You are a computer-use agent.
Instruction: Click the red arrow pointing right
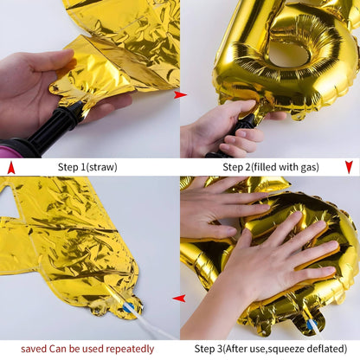[179, 94]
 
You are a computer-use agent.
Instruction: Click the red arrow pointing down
[349, 166]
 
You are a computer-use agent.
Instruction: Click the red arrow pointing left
[179, 299]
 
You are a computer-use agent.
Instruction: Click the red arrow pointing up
[10, 166]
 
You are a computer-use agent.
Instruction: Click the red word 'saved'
[35, 349]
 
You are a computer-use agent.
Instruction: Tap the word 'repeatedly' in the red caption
[132, 349]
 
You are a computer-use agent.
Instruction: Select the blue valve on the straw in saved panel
[128, 305]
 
